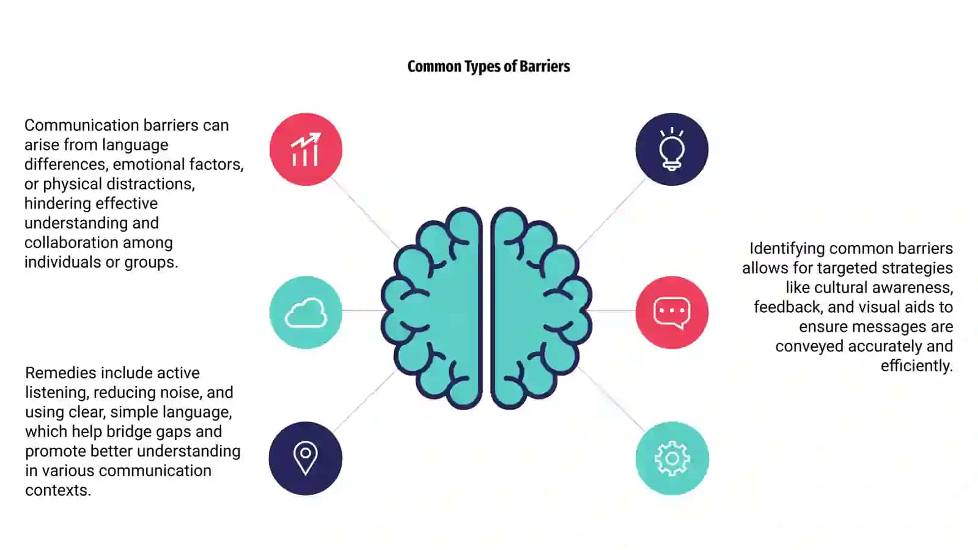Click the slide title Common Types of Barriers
pos(488,67)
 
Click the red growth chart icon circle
pos(306,149)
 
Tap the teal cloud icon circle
pos(306,312)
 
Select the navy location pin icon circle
pos(306,458)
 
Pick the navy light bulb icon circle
pos(672,149)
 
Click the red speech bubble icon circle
pos(672,312)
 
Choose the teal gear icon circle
pos(672,458)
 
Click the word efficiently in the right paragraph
pos(917,366)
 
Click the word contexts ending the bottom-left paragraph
pos(58,490)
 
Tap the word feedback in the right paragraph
pos(789,307)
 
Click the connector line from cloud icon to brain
pos(363,310)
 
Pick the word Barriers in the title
pos(545,67)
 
